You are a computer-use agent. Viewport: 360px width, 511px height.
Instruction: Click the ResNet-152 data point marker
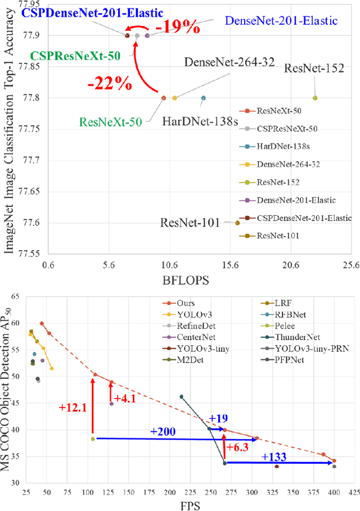click(315, 98)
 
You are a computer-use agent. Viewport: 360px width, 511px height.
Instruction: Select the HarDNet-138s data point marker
click(203, 98)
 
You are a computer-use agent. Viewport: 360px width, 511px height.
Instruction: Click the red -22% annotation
click(109, 84)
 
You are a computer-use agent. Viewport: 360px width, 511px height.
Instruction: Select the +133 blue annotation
click(274, 457)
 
